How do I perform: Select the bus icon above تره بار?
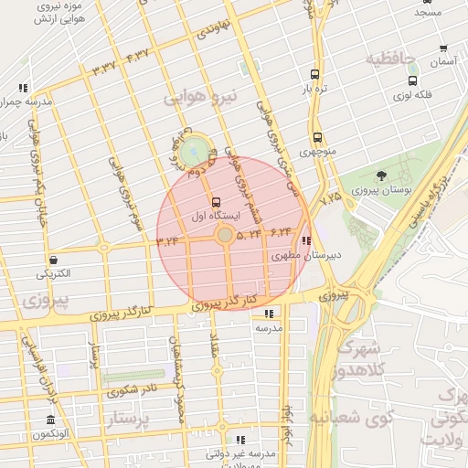click(315, 75)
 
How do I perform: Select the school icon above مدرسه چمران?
click(22, 88)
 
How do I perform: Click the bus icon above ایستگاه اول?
click(216, 202)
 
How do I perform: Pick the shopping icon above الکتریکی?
click(54, 260)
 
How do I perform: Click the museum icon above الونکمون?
click(49, 420)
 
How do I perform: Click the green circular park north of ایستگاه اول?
click(194, 153)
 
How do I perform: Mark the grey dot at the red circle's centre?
click(224, 236)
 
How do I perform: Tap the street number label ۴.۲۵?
click(330, 197)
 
